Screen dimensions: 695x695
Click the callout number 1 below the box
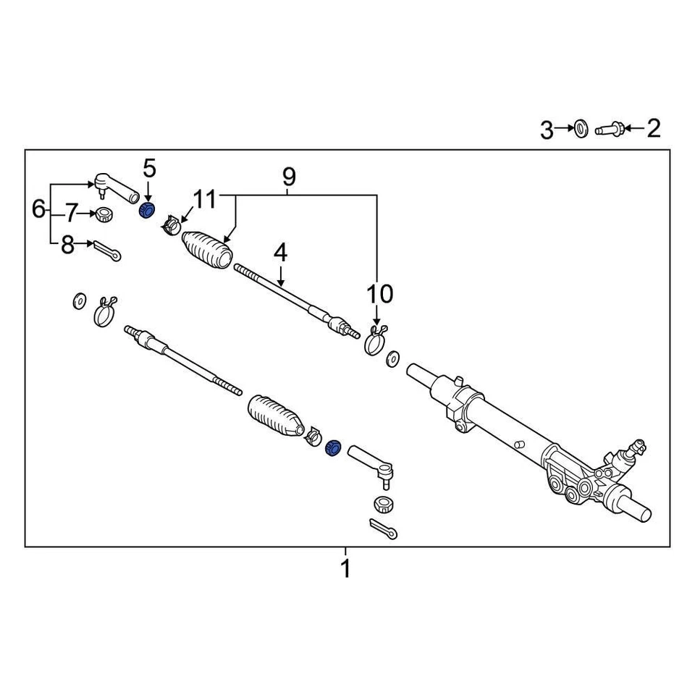tap(345, 568)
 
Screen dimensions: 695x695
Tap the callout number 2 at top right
tap(653, 130)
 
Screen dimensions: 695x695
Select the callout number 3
tap(547, 130)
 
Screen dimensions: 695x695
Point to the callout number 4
tap(280, 253)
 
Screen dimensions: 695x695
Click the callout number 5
tap(148, 169)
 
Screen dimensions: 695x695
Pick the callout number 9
tap(289, 176)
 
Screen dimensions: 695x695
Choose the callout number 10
tap(381, 294)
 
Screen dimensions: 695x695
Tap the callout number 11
tap(205, 199)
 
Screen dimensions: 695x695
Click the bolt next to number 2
tap(608, 130)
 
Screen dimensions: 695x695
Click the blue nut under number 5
tap(146, 211)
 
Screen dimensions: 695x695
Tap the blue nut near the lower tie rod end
tap(334, 447)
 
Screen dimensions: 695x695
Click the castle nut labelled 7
tap(105, 214)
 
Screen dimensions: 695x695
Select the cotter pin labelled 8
tap(107, 250)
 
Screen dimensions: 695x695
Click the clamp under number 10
tap(375, 341)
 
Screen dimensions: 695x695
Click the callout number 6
tap(38, 209)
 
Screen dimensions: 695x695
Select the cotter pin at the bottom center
tap(382, 529)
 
